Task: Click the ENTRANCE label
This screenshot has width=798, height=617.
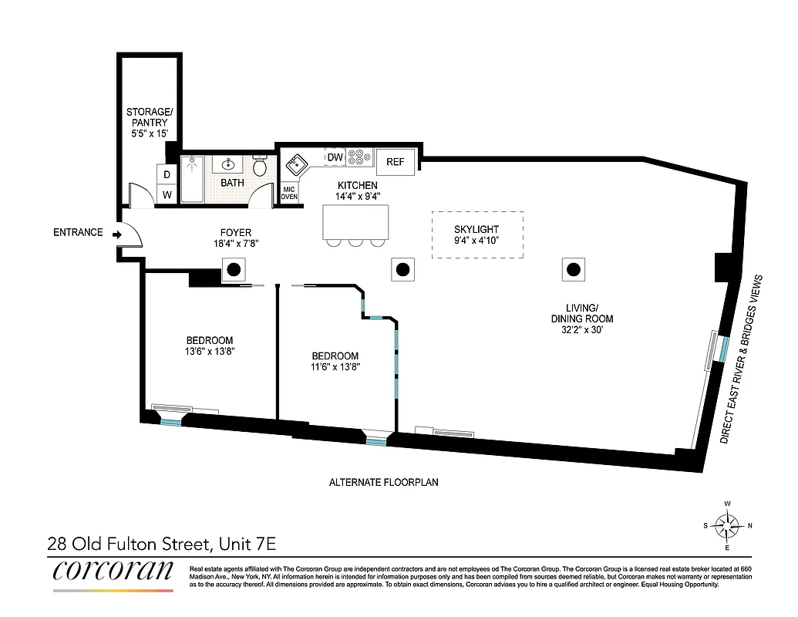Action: [78, 232]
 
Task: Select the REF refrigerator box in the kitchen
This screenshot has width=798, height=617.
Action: [396, 162]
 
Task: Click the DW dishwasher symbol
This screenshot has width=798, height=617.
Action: [335, 157]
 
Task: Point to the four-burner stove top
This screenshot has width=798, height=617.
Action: [359, 157]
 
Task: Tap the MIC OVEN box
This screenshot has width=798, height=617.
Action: [289, 193]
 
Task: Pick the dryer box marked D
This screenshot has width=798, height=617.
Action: [167, 175]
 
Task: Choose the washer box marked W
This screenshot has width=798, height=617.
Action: [167, 195]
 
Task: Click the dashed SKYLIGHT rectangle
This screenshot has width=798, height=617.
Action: [476, 234]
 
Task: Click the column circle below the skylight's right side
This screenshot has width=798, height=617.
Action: [573, 269]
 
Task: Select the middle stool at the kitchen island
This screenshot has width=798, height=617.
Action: [356, 244]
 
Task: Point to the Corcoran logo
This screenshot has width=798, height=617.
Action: [113, 571]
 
